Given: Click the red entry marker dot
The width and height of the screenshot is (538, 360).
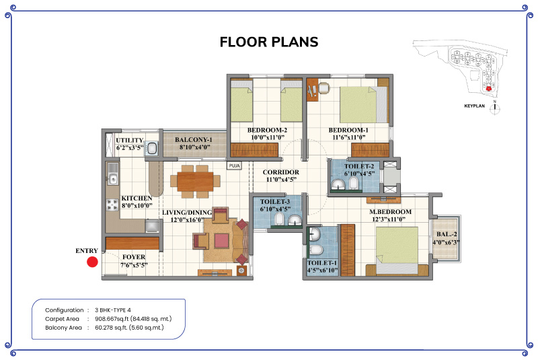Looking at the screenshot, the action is click(92, 262).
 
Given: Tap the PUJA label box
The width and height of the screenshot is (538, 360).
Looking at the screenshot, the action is click(234, 166).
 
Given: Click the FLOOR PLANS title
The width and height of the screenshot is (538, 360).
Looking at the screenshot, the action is click(269, 42).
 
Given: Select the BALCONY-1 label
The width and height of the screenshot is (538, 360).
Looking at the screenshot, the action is click(194, 140).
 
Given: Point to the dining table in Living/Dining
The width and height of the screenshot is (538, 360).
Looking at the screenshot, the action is click(195, 182).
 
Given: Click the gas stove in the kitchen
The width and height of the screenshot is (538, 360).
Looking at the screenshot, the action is click(112, 205).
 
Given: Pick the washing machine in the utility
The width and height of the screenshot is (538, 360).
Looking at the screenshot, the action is click(151, 149).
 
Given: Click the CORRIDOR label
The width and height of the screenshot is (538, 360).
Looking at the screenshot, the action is click(280, 172).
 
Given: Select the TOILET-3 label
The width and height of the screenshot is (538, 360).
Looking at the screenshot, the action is click(275, 201).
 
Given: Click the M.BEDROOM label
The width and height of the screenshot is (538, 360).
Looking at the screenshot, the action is click(390, 212).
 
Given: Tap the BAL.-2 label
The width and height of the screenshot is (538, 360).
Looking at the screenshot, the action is click(447, 234).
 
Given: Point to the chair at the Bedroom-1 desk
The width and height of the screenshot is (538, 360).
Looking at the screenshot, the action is click(324, 88).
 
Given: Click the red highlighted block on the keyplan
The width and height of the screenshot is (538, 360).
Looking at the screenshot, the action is click(489, 89).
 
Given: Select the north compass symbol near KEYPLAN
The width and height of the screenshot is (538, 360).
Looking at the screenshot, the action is click(495, 108).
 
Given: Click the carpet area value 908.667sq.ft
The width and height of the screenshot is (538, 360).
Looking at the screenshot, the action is click(112, 319).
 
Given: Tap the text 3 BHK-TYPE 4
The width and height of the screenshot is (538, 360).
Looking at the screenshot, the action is click(113, 310).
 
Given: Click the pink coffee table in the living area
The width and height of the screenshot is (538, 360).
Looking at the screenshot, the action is click(221, 241).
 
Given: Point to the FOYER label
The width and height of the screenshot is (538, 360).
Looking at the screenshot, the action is click(133, 257).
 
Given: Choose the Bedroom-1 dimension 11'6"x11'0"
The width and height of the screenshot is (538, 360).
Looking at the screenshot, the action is click(348, 138).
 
